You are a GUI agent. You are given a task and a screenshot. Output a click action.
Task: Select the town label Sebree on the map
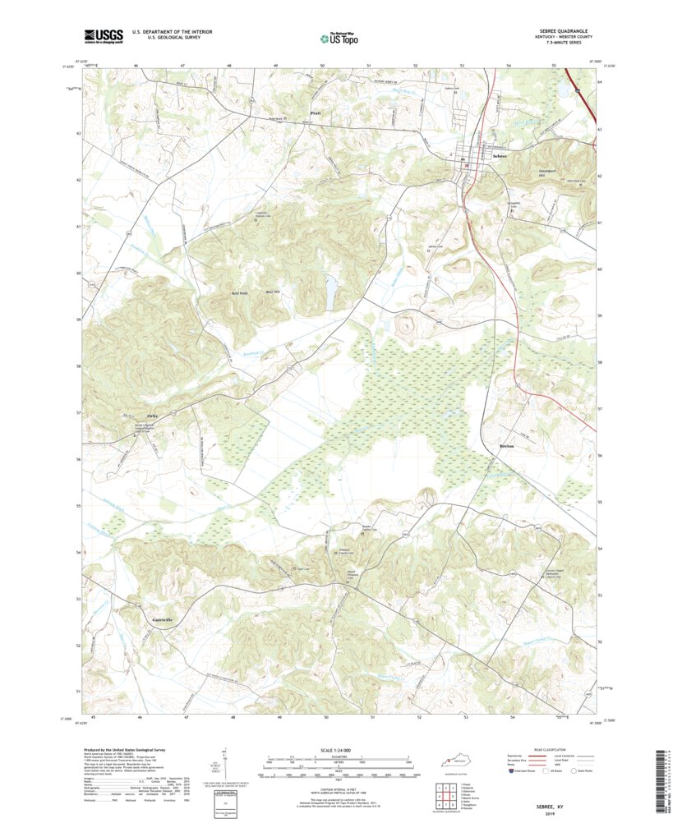point(499,155)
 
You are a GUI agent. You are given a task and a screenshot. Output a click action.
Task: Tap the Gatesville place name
point(162,618)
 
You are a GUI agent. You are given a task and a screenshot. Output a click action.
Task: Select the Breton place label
point(507,446)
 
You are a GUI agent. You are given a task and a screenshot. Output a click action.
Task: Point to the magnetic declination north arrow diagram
point(223,764)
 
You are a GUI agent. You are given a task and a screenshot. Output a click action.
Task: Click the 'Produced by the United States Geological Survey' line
point(131,750)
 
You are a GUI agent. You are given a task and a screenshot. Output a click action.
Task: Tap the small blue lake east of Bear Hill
point(330,288)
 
